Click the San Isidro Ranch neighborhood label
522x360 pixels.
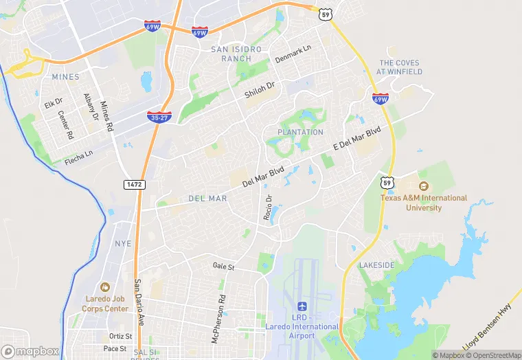coord(236,54)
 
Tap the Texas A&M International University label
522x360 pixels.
coord(424,203)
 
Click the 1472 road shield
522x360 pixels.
coord(133,184)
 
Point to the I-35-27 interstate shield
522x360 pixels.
coord(159,117)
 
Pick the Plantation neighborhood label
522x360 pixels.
coord(300,132)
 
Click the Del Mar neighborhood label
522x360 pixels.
coord(207,199)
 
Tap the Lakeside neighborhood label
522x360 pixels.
coord(377,265)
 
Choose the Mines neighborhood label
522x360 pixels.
coord(65,77)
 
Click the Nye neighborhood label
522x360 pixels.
coord(123,243)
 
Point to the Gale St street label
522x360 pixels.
coord(224,266)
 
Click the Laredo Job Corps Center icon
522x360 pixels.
coord(104,286)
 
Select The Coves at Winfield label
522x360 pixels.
coord(400,67)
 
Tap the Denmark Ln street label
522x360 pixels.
coord(293,54)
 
